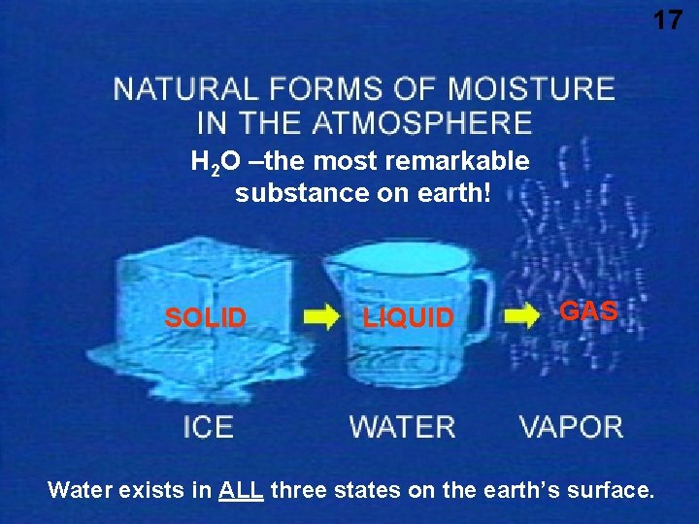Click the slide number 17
667,18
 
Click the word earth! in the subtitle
459,193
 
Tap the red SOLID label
205,318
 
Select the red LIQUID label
408,318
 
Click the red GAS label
589,311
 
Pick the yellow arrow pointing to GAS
521,316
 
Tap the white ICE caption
208,427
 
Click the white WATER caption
402,427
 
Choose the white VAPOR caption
571,427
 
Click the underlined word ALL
242,490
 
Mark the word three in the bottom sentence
299,490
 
